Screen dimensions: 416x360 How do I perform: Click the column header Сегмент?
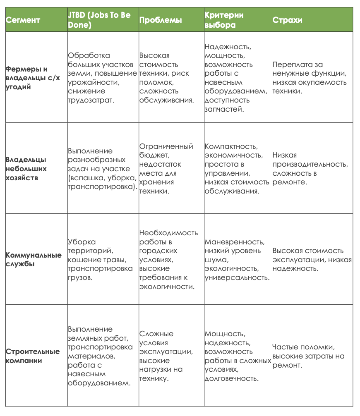pos(23,20)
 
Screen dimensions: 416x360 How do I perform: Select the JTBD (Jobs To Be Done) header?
pos(99,20)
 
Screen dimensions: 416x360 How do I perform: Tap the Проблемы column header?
pos(161,20)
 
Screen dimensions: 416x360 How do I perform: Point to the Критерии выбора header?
pos(224,20)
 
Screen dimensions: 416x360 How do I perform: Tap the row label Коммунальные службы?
pos(34,260)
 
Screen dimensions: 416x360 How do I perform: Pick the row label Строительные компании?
pos(33,356)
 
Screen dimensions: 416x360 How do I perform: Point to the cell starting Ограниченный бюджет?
pos(166,169)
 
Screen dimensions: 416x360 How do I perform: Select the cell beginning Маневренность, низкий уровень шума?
pos(237,259)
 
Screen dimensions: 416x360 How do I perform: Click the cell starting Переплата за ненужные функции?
pos(310,78)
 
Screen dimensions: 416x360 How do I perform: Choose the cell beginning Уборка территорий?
pos(97,259)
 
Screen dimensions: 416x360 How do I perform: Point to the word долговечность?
pos(232,378)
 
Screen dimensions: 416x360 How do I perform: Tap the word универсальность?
pos(237,277)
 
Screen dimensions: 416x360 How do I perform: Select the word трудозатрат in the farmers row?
pos(91,100)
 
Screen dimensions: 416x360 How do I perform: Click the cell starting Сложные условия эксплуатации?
pos(166,356)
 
